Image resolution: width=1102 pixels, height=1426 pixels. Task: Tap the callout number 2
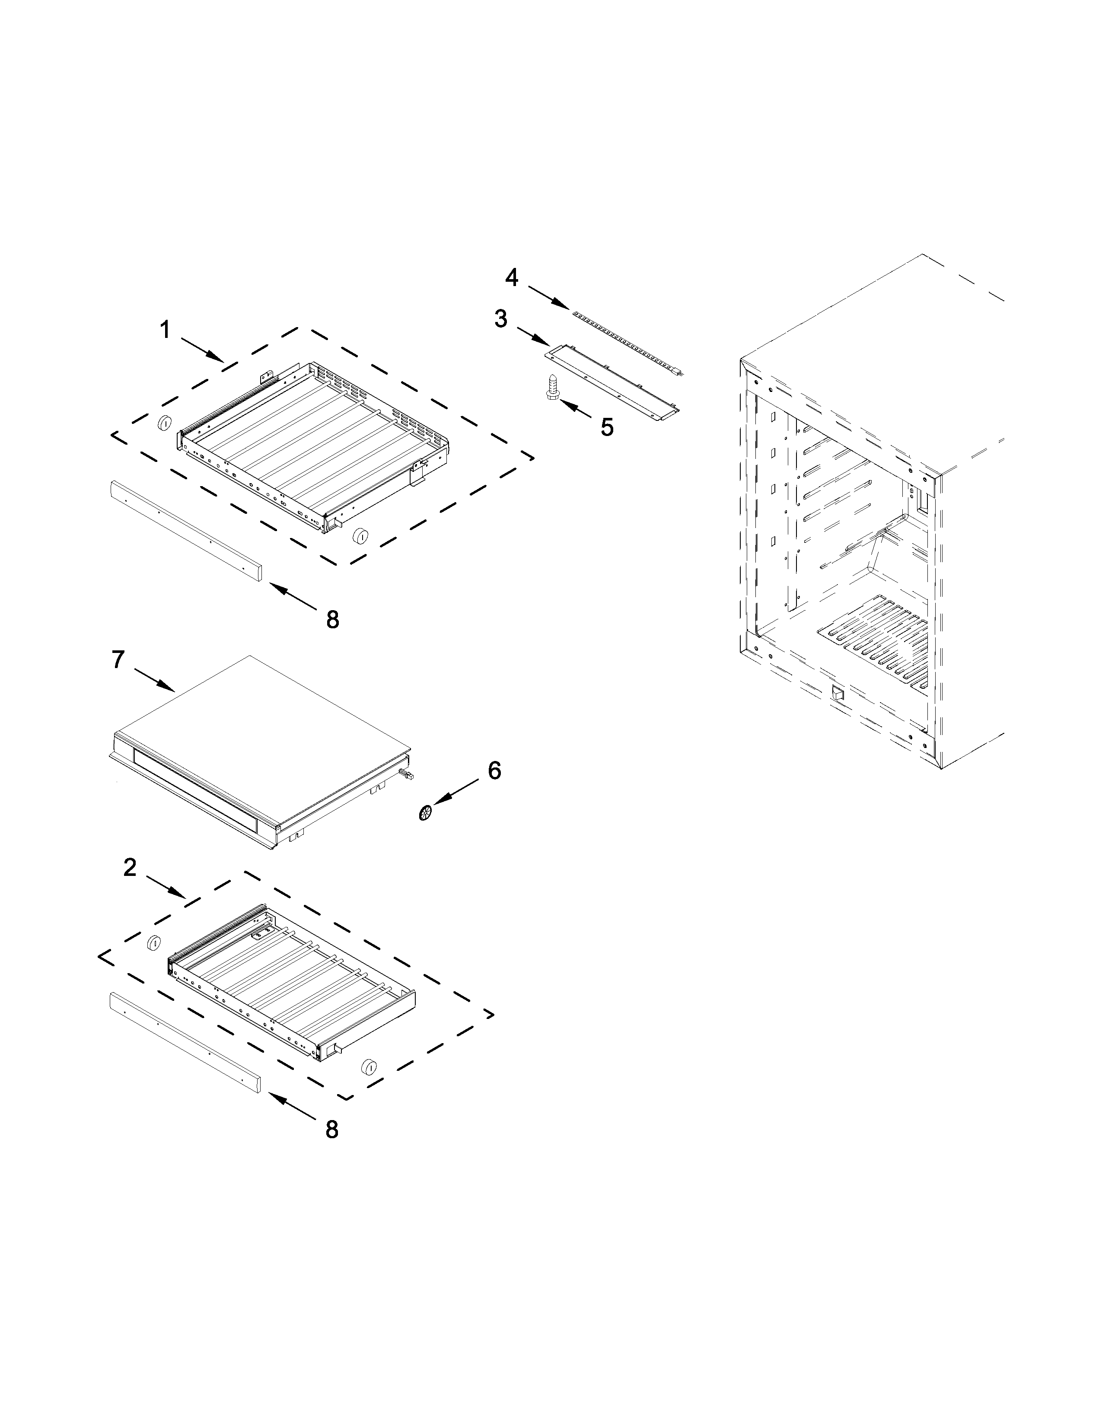131,868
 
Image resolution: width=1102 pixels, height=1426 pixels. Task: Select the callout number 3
501,319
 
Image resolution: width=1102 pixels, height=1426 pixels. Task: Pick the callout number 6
494,770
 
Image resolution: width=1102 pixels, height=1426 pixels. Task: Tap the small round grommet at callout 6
426,813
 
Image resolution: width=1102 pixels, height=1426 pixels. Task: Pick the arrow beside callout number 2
166,886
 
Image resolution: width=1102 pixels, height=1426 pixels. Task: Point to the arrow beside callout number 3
532,336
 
